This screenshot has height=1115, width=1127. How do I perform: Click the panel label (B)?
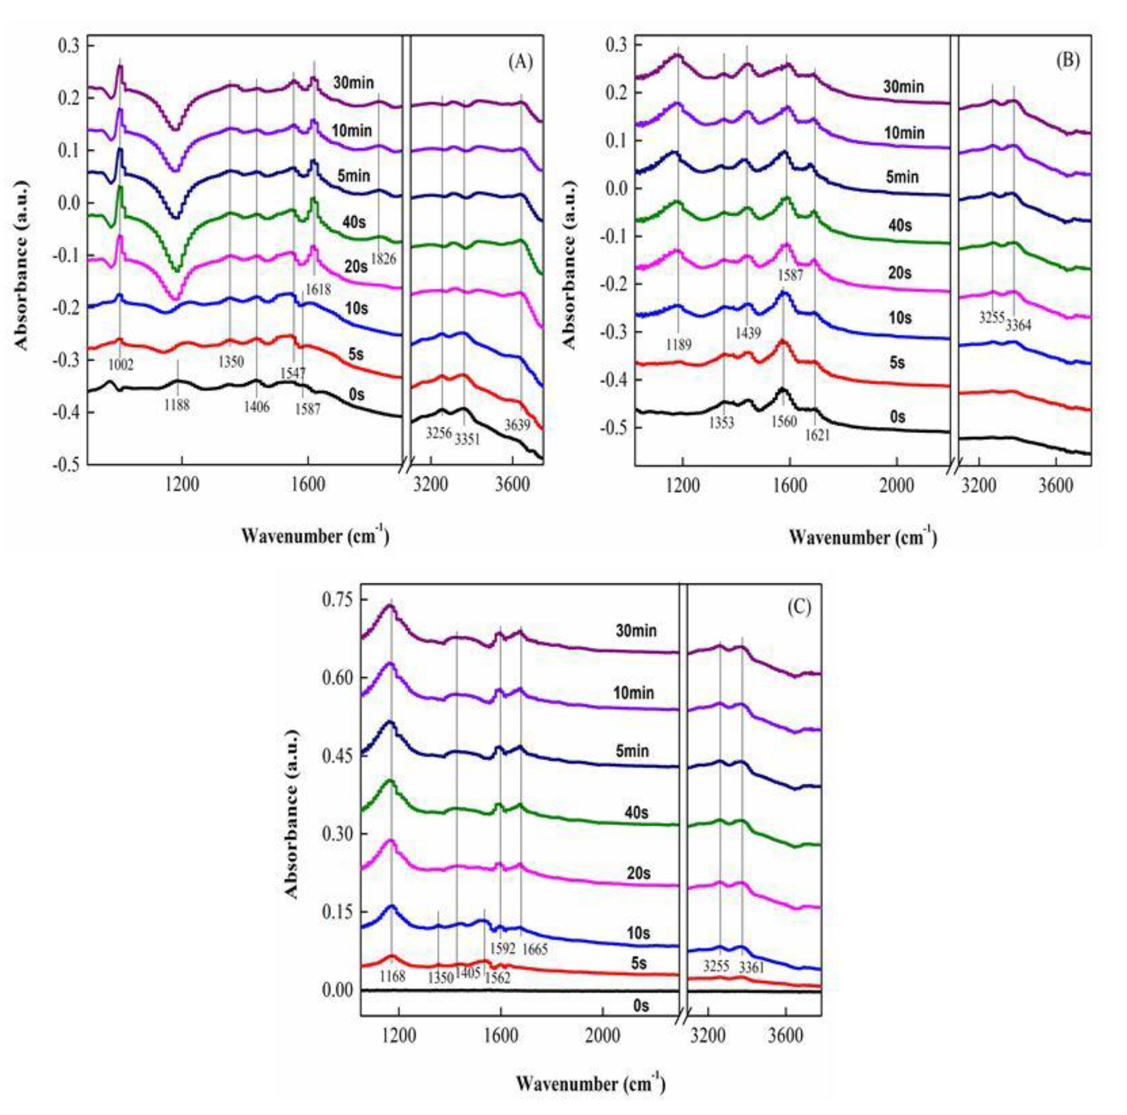(1067, 60)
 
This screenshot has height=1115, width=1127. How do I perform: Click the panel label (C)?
(799, 607)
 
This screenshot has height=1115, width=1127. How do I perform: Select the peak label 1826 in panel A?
(383, 258)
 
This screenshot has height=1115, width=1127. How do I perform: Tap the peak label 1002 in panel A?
(121, 365)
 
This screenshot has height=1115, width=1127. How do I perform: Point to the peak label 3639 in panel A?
(517, 425)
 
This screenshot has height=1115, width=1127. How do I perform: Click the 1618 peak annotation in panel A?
(318, 289)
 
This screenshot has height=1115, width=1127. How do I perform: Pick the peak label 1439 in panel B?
(748, 333)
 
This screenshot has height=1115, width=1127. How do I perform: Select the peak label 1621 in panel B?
(817, 435)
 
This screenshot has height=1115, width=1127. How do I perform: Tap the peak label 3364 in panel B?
(1018, 326)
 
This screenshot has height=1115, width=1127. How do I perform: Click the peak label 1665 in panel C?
(535, 949)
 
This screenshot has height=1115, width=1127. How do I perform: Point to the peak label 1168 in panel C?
(392, 977)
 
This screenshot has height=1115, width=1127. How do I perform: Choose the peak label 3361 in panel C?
(751, 967)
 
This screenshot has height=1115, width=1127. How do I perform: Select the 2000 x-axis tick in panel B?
(896, 486)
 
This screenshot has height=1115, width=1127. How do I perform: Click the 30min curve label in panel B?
(903, 86)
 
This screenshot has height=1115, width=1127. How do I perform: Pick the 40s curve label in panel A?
(354, 223)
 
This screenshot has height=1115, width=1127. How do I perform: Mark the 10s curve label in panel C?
(638, 933)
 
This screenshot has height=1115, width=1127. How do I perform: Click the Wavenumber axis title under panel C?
(590, 1084)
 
